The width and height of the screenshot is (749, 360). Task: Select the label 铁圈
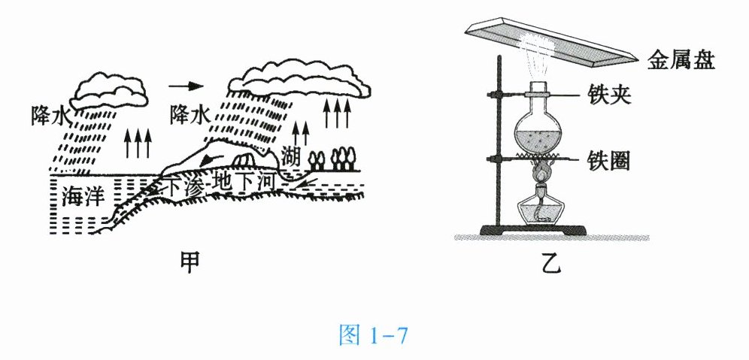pyautogui.click(x=610, y=159)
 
